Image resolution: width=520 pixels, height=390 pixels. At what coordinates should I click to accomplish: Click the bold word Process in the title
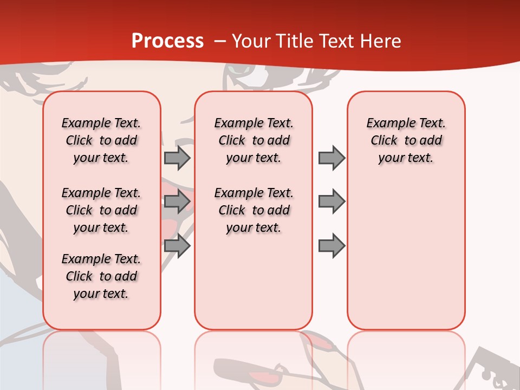tap(167, 41)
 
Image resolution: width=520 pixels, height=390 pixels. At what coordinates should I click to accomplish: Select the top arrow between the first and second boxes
tap(177, 158)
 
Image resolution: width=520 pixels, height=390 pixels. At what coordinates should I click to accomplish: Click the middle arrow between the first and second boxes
tap(177, 201)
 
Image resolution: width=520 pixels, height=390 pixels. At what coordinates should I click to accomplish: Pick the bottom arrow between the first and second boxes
tap(177, 245)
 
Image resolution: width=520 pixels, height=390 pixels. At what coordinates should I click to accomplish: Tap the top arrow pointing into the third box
tap(331, 158)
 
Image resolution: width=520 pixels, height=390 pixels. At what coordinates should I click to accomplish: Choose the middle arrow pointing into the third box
tap(331, 201)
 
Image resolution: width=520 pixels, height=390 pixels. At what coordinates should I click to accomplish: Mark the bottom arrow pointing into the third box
tap(331, 245)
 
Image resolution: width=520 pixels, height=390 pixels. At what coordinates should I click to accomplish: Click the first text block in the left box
tap(101, 140)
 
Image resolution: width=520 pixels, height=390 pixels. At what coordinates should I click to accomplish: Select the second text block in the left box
tap(101, 210)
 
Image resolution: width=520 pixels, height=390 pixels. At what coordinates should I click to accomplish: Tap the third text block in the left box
tap(101, 276)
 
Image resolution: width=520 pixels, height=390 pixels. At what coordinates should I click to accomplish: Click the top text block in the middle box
tap(253, 140)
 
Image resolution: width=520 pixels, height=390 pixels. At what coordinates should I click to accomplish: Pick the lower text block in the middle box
tap(253, 210)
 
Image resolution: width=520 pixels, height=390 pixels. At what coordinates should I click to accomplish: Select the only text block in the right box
tap(406, 140)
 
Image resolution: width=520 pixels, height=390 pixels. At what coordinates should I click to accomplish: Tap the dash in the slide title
tap(220, 42)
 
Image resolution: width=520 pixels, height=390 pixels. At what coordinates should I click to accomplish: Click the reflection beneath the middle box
tap(253, 357)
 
